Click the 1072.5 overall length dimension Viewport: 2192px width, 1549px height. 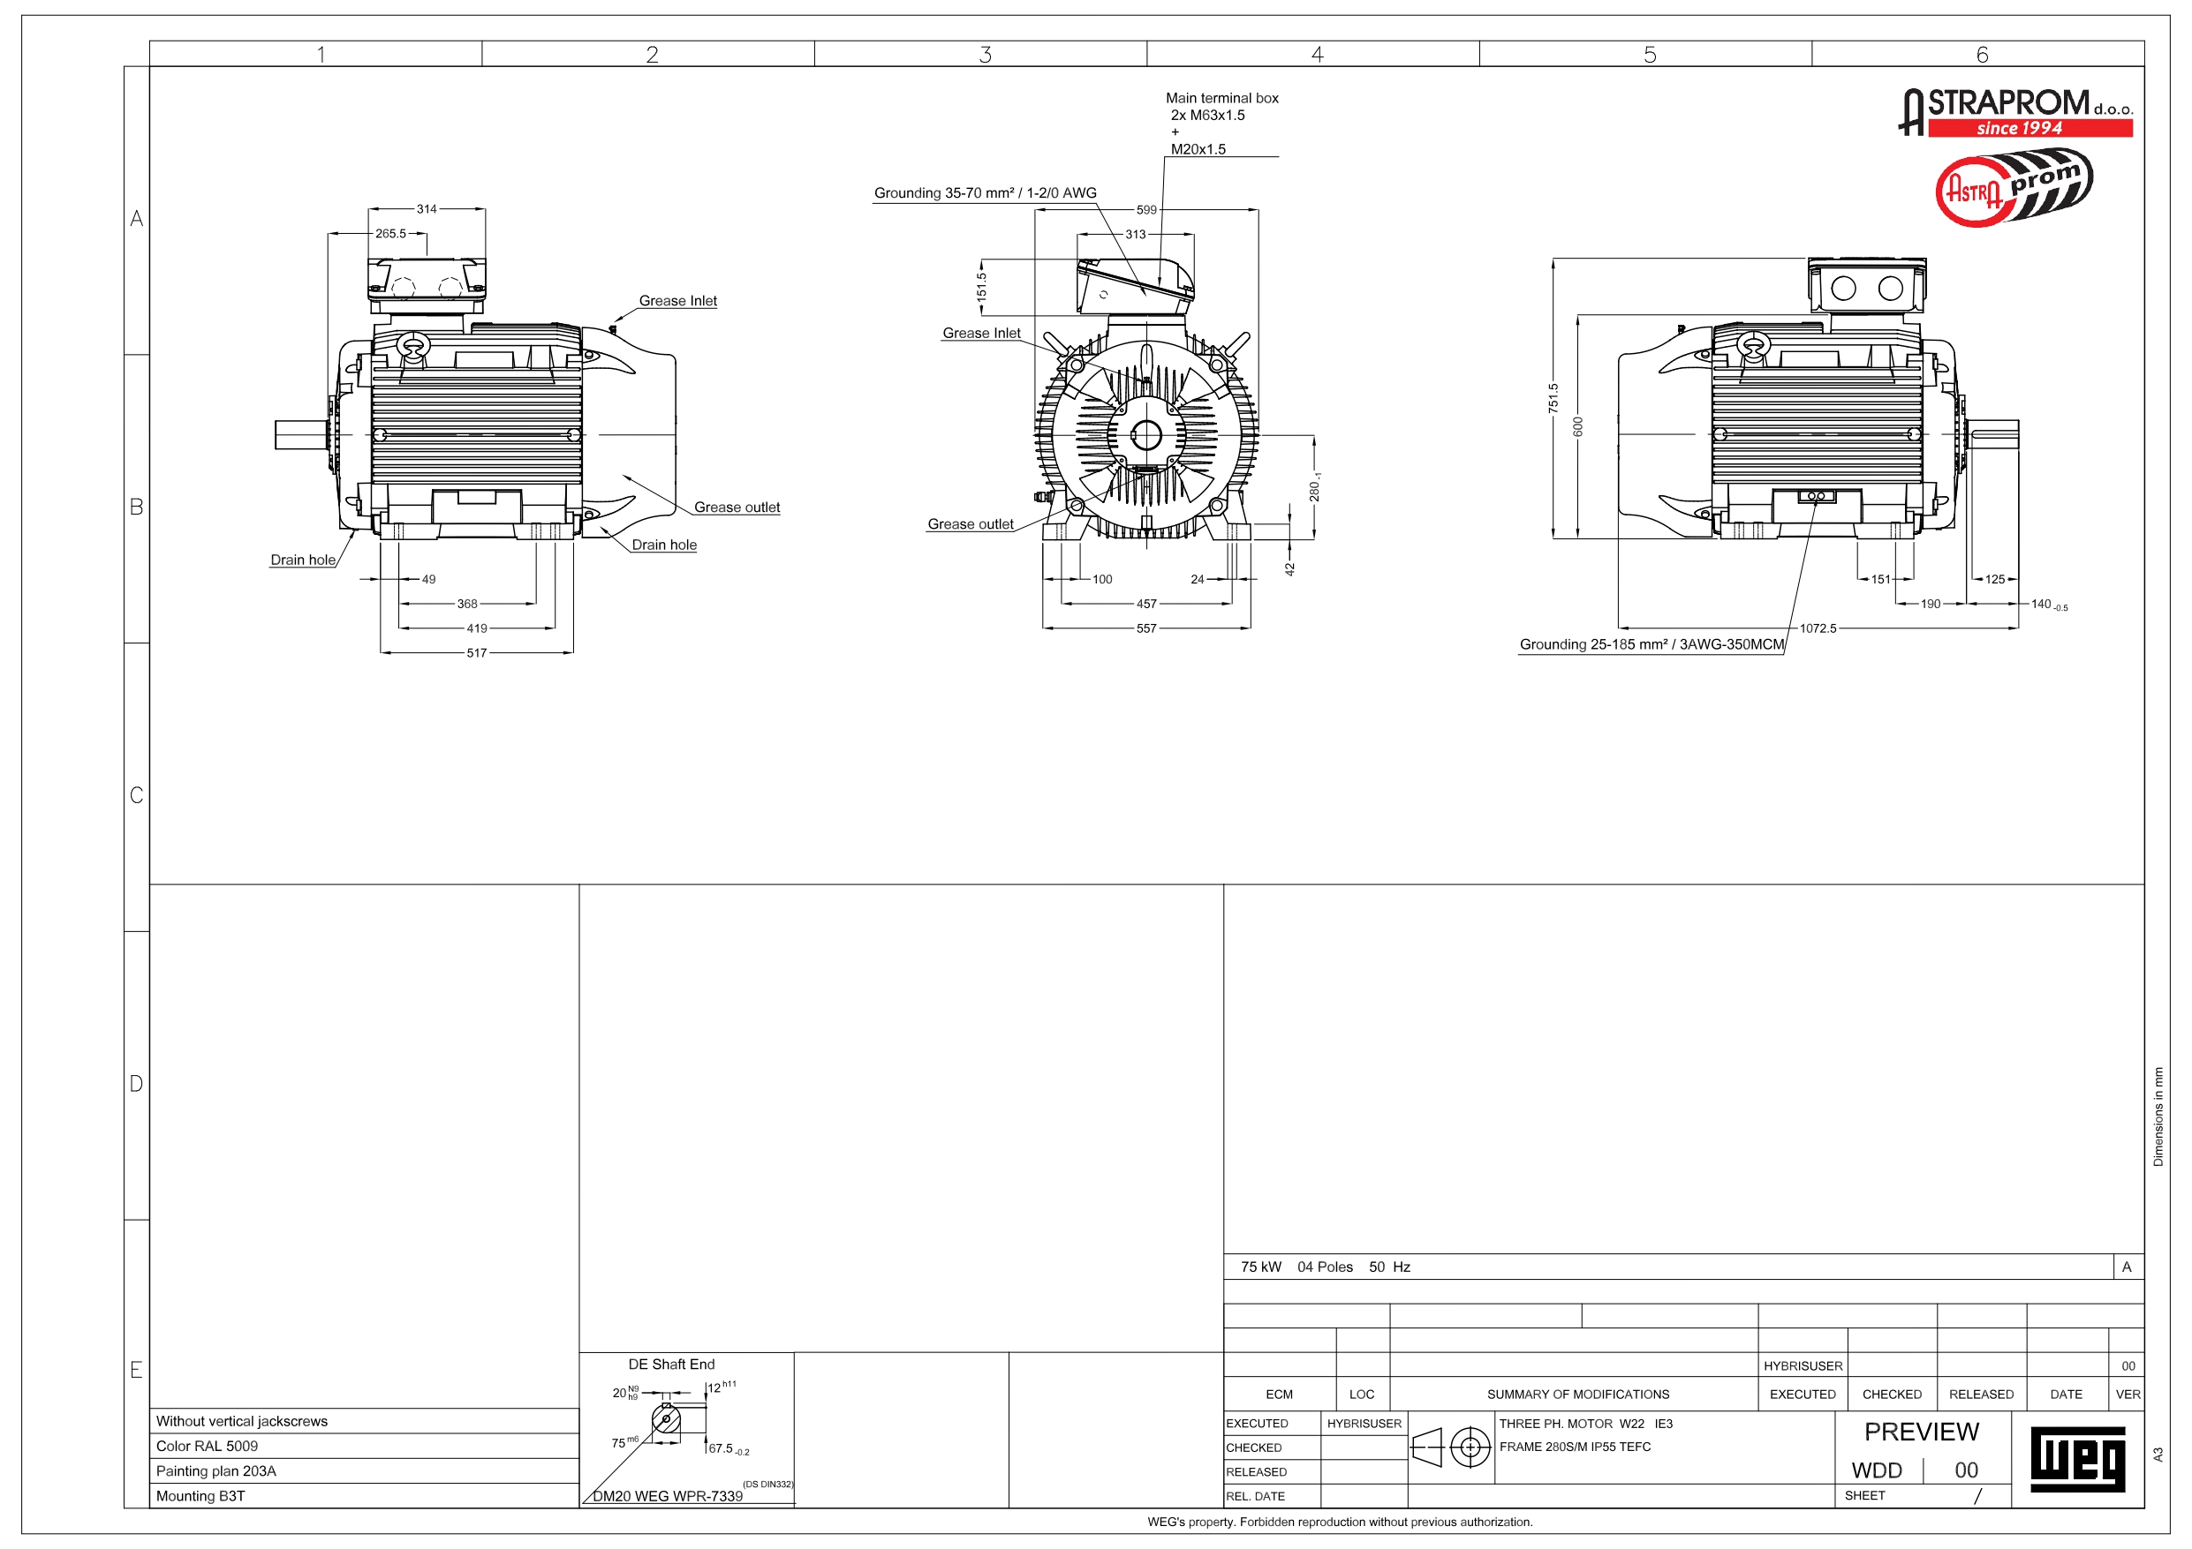[1818, 629]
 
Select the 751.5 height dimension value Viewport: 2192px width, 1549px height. [1553, 399]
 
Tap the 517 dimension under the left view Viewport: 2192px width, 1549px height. [476, 654]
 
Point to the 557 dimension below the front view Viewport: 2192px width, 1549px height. [1146, 629]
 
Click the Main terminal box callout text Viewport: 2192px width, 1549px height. [1222, 98]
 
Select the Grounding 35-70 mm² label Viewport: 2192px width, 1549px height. [986, 192]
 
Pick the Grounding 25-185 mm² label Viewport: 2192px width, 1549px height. [1652, 644]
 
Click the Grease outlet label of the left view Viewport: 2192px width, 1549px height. [737, 508]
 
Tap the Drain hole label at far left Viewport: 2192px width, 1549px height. [303, 560]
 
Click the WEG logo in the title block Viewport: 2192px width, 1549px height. [2077, 1459]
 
